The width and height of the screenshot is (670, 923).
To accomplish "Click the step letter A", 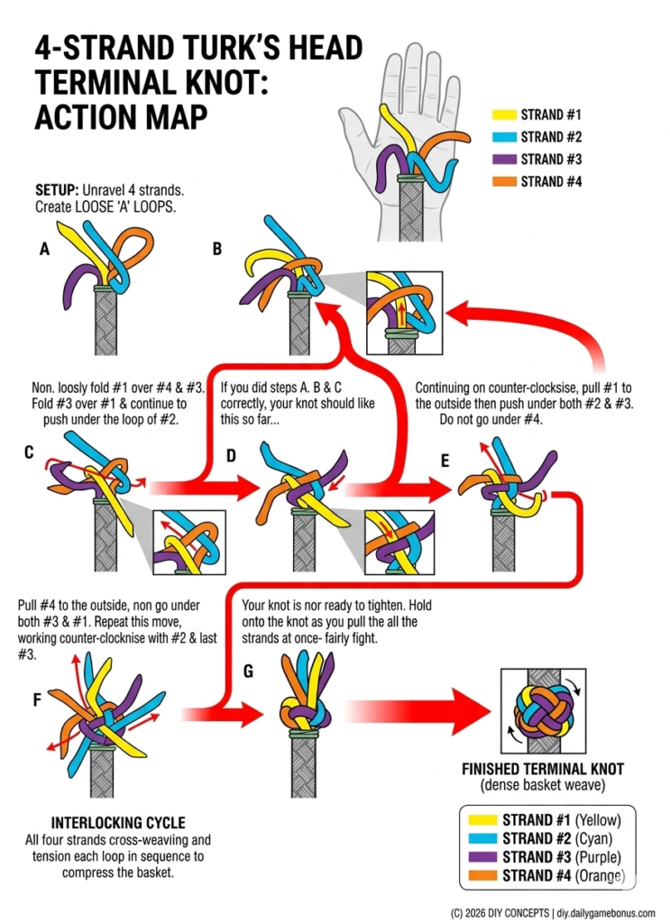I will click(x=44, y=251).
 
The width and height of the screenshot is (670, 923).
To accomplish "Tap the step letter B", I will click(x=216, y=249).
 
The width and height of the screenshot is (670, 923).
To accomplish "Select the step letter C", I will click(x=30, y=452).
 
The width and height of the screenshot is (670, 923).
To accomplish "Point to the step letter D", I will click(x=231, y=456).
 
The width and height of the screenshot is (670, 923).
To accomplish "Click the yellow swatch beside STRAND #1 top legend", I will click(x=503, y=115).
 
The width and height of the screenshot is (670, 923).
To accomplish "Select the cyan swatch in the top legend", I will click(x=503, y=138).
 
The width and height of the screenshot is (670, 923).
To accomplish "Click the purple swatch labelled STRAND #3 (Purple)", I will click(x=482, y=856).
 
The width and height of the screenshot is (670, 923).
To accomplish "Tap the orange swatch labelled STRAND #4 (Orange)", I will click(x=482, y=875).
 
